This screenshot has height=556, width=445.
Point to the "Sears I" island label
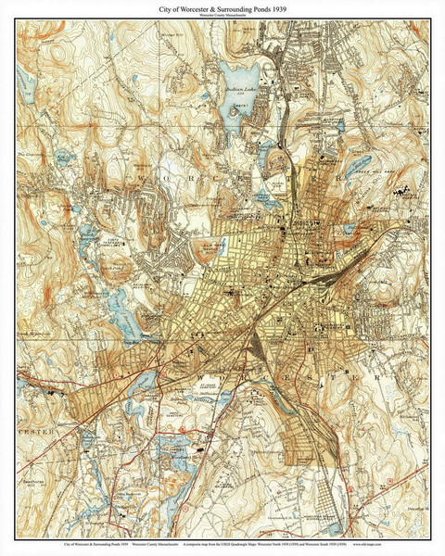244,107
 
